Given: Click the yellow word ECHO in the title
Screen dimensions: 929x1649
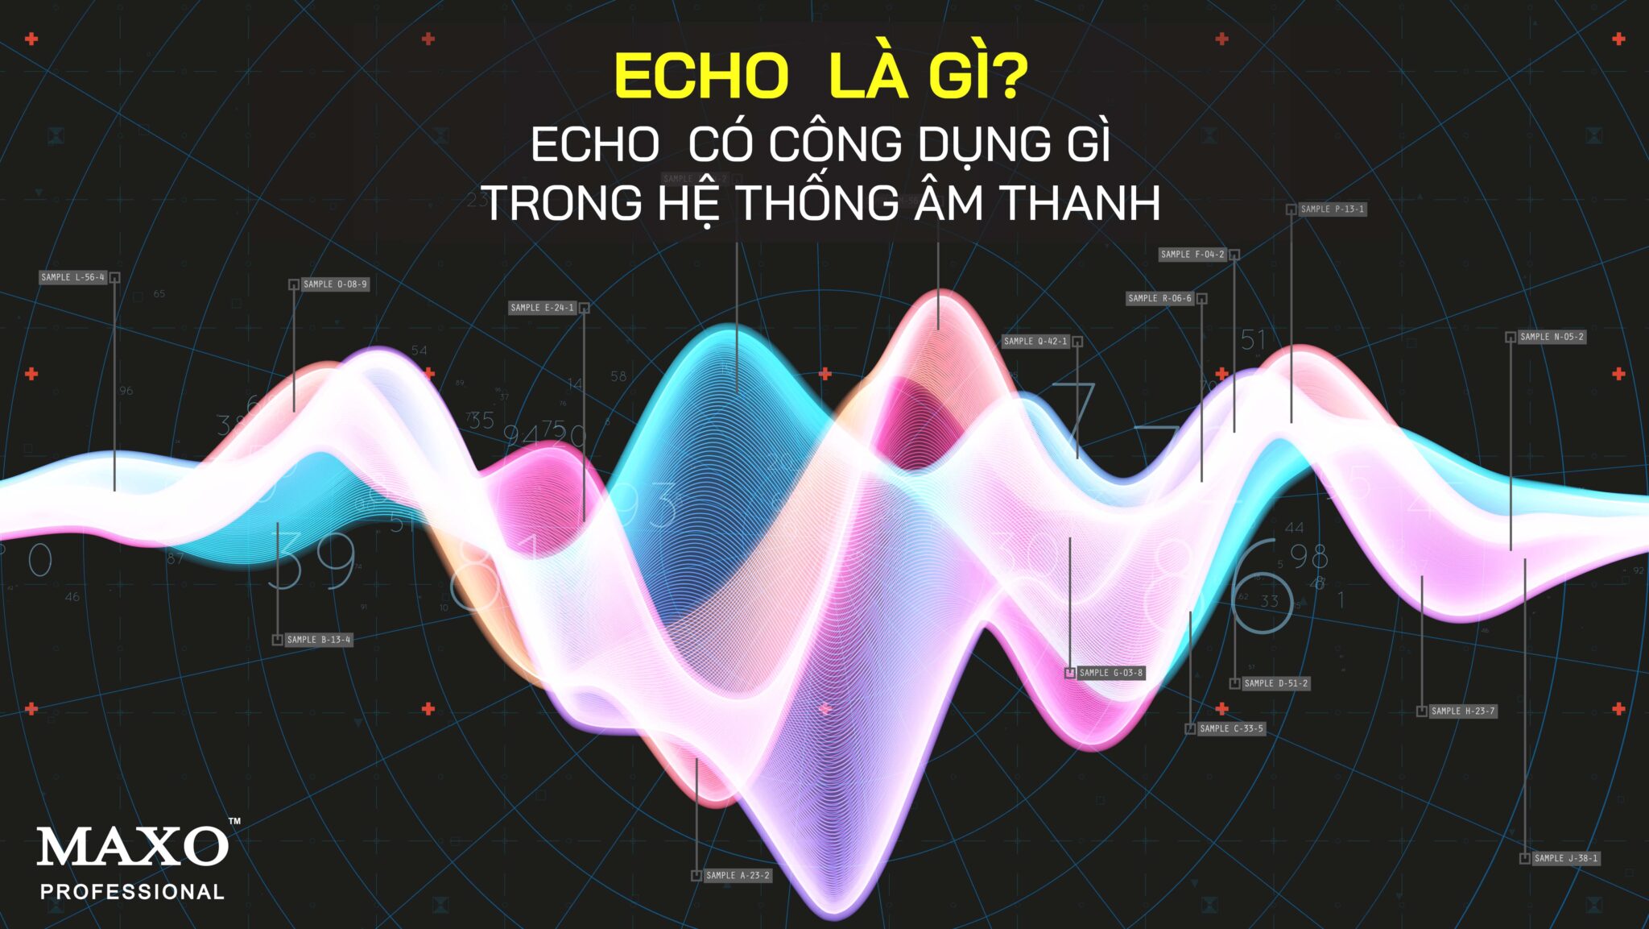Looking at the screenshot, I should point(701,77).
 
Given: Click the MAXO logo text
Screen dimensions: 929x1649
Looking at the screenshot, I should point(133,847).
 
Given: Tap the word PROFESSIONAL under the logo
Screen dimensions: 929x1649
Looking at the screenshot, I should point(133,892).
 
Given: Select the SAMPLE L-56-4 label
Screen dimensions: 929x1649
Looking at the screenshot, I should point(73,277).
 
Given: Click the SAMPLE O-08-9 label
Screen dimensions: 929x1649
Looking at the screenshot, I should point(335,284).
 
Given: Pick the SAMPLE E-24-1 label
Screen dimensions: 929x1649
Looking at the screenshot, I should point(543,308).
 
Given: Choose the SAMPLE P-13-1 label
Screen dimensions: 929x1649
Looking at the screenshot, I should point(1333,209).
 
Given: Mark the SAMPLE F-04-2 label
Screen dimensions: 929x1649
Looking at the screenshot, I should point(1192,255).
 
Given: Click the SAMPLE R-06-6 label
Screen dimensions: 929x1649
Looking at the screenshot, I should point(1159,299).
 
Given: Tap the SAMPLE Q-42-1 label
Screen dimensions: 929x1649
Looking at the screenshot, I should point(1035,342).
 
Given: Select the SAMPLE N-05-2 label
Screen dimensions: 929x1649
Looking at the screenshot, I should point(1552,337).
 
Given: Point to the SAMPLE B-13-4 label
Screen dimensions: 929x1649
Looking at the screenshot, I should point(319,640).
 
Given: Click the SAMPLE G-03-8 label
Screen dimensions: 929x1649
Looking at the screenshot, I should point(1110,673).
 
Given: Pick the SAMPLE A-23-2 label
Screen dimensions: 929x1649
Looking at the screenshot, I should point(738,876).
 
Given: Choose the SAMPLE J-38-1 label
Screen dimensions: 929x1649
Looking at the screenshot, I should point(1566,859).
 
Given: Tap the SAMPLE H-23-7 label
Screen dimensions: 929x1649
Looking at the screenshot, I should point(1463,711).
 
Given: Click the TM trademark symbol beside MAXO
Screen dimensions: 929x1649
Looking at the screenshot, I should point(234,822).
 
